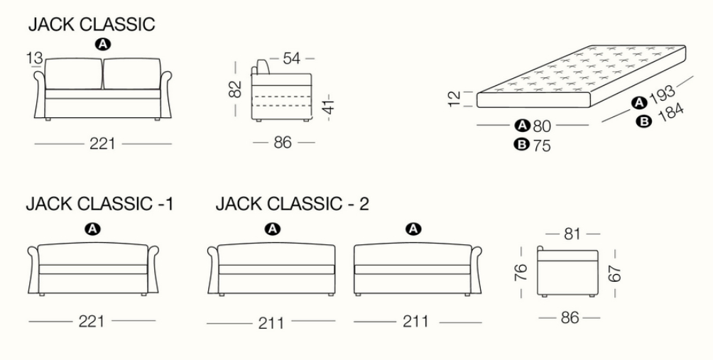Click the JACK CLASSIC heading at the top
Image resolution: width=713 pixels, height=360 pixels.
coord(91,25)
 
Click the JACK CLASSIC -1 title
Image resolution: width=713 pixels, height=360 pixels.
coord(99,205)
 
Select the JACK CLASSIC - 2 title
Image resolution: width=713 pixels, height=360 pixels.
coord(292,205)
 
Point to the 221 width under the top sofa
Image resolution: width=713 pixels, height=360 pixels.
coord(103,144)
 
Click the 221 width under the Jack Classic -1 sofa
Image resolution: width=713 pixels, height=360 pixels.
coord(92,321)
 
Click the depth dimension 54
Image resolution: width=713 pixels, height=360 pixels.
coord(292,58)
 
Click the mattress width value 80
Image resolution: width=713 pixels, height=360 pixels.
coord(543,126)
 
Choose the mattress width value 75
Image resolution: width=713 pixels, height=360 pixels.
coord(543,146)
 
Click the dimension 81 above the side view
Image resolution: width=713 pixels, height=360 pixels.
coord(570,233)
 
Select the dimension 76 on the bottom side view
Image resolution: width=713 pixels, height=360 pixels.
coord(521,273)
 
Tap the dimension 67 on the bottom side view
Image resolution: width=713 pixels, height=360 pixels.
coord(615,273)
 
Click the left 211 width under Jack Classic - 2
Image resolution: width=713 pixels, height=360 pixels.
coord(273,323)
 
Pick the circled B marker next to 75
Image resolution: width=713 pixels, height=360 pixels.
coord(522,146)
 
